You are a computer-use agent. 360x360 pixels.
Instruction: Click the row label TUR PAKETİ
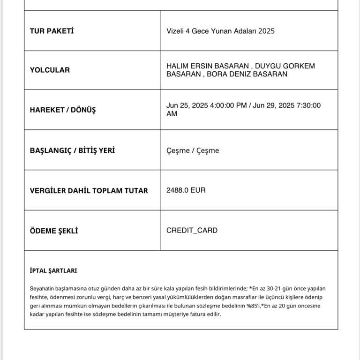(52, 31)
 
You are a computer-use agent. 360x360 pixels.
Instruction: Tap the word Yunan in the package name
(217, 31)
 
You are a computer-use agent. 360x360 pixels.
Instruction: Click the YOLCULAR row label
(50, 70)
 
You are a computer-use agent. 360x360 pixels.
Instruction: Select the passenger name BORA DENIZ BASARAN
(247, 74)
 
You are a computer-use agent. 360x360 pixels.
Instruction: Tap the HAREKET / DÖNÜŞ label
(62, 110)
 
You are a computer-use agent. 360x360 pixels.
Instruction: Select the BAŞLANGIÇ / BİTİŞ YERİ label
(72, 150)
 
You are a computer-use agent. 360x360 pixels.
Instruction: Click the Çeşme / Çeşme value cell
(193, 150)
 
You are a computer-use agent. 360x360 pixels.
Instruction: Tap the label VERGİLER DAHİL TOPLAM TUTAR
(89, 190)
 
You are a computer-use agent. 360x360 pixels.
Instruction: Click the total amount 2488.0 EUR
(186, 190)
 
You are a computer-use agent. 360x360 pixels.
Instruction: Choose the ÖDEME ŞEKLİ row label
(53, 231)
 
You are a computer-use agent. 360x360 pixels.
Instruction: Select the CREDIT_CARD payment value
(192, 231)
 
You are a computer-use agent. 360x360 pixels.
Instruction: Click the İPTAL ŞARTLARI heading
(53, 270)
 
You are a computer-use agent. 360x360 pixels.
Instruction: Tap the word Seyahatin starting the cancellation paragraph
(42, 288)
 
